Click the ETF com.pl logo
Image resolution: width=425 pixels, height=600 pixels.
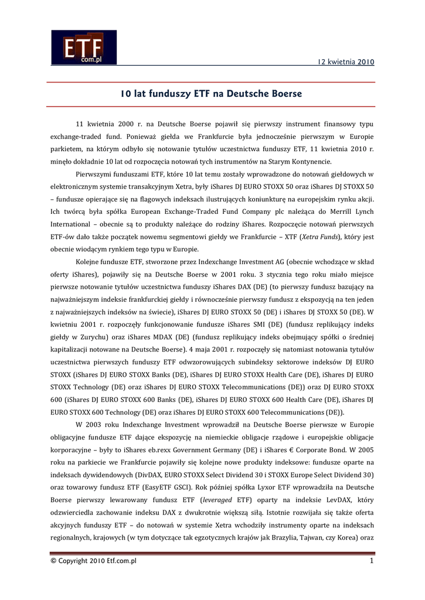click(x=83, y=47)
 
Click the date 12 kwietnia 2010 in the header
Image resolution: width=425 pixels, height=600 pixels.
click(x=346, y=62)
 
